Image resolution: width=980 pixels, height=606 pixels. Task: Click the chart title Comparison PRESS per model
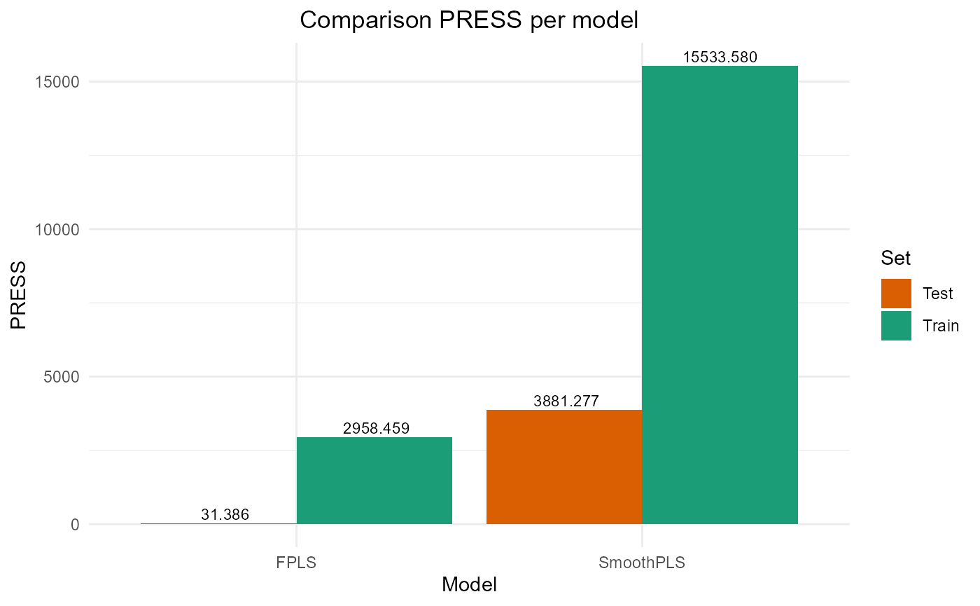pyautogui.click(x=469, y=20)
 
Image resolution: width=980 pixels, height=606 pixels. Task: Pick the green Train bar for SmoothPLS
pyautogui.click(x=720, y=294)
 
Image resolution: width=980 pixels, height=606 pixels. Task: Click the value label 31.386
pyautogui.click(x=225, y=515)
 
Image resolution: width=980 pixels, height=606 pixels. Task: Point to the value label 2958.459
pyautogui.click(x=376, y=428)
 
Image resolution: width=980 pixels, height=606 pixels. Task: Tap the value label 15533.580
pyautogui.click(x=720, y=57)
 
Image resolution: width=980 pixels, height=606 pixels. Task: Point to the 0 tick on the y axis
pyautogui.click(x=75, y=525)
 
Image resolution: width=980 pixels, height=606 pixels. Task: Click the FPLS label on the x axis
pyautogui.click(x=296, y=563)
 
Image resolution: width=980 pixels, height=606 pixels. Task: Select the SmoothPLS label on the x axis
pyautogui.click(x=642, y=563)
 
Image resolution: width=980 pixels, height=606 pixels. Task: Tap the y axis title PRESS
pyautogui.click(x=19, y=295)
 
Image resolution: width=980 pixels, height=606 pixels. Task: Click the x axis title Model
pyautogui.click(x=469, y=585)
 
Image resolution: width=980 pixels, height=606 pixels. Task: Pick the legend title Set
pyautogui.click(x=896, y=259)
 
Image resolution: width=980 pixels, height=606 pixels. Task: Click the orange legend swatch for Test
pyautogui.click(x=896, y=294)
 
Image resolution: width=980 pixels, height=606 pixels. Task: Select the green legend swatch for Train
pyautogui.click(x=896, y=326)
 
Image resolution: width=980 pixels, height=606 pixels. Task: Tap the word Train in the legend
pyautogui.click(x=937, y=326)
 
